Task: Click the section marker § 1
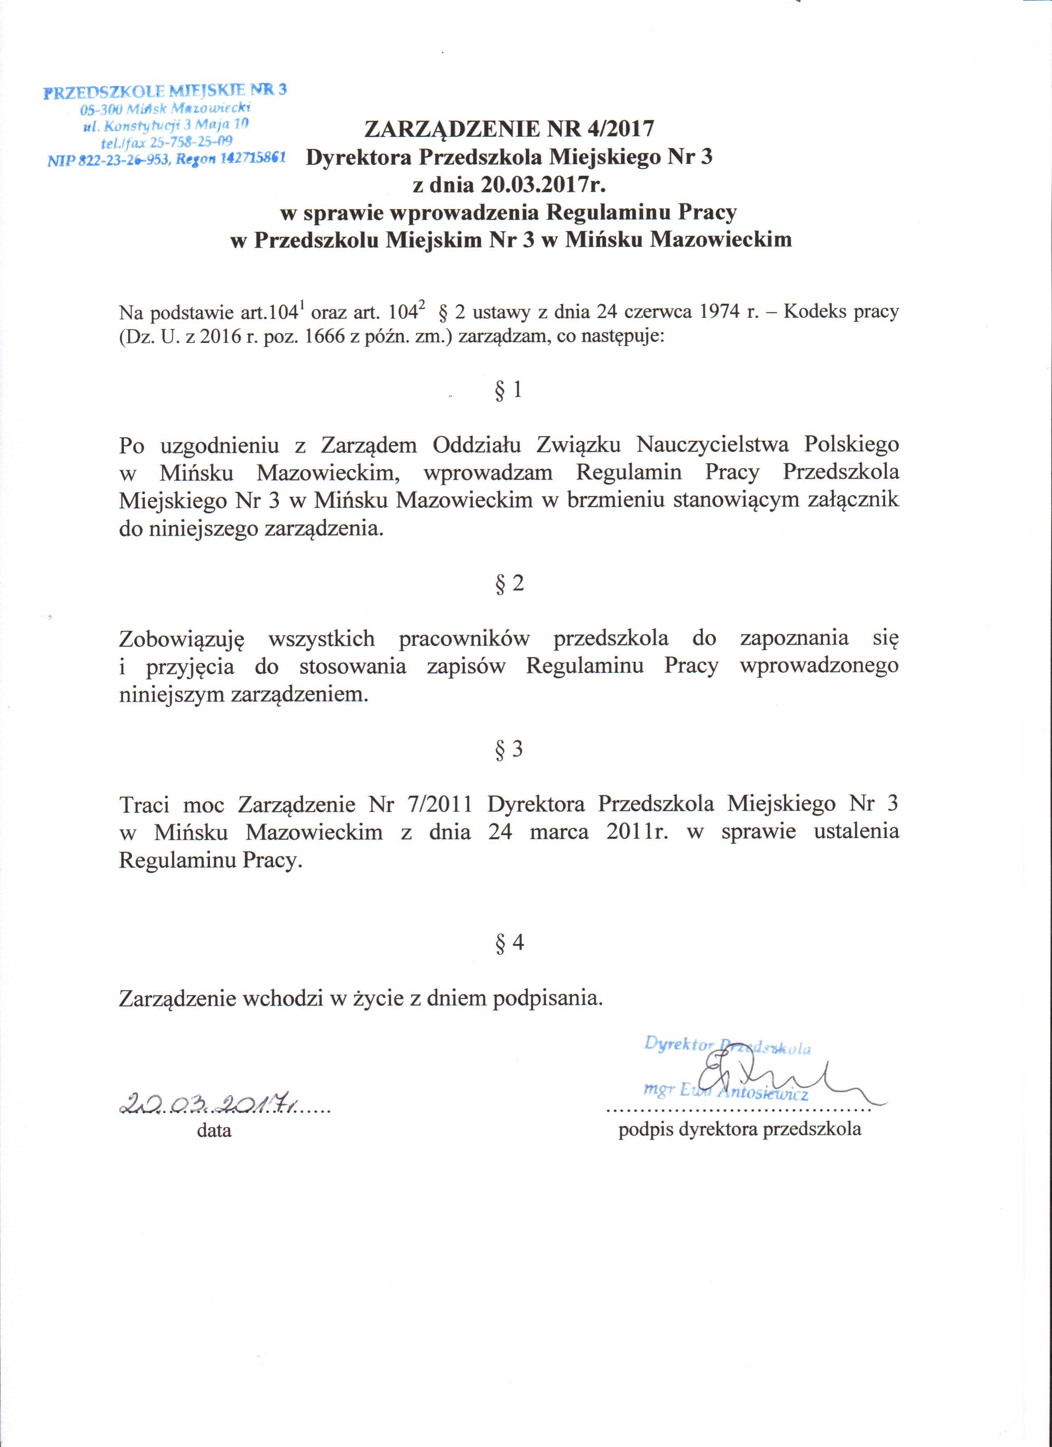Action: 508,390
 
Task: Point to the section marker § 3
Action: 508,748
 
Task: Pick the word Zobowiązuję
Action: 182,639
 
